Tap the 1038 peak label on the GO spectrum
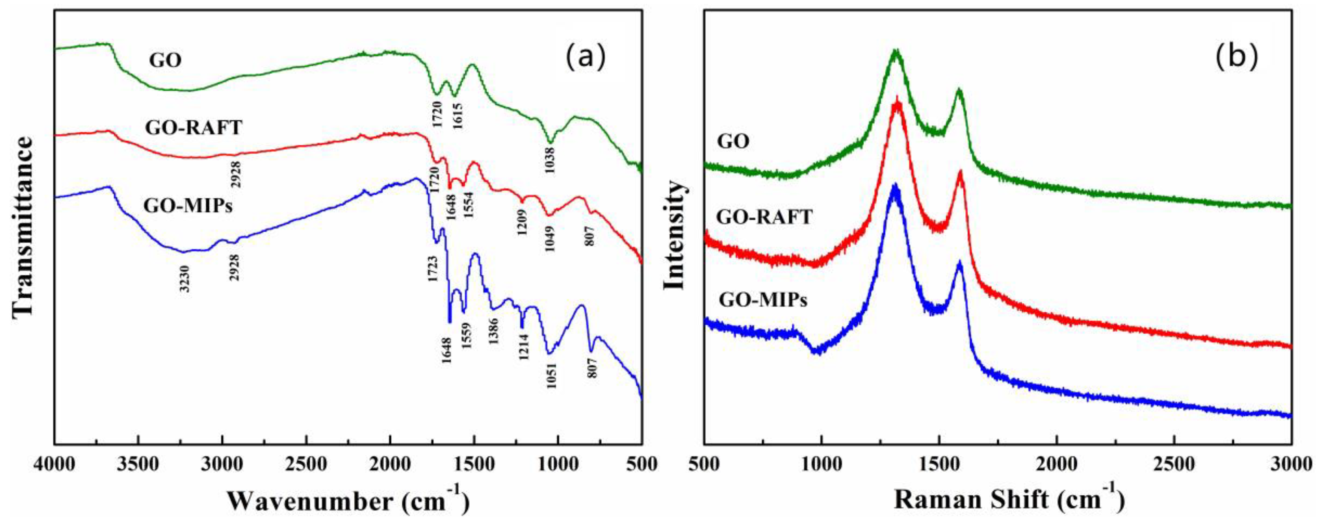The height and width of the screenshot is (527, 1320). tap(550, 159)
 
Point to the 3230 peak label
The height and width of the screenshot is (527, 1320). tap(185, 278)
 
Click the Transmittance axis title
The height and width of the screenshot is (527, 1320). tap(23, 227)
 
